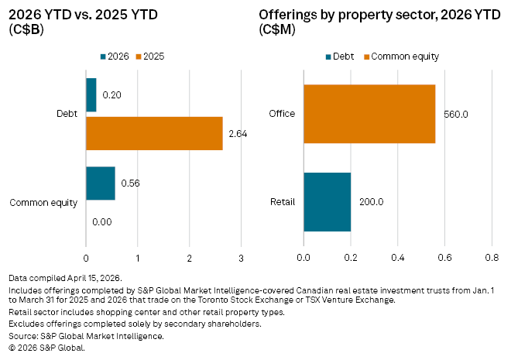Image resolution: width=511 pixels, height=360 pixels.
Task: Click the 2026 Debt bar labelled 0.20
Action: pyautogui.click(x=91, y=94)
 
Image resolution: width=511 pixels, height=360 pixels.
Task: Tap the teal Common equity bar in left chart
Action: pyautogui.click(x=100, y=183)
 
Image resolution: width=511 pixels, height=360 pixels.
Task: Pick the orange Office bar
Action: pyautogui.click(x=369, y=114)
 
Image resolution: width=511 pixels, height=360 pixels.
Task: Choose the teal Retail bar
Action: pyautogui.click(x=327, y=202)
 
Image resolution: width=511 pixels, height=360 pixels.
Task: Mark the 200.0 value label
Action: pyautogui.click(x=372, y=202)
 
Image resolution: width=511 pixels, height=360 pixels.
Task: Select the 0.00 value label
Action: pyautogui.click(x=101, y=221)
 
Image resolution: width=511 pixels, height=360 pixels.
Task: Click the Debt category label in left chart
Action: pyautogui.click(x=67, y=114)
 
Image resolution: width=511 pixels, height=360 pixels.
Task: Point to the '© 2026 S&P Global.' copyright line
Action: pyautogui.click(x=46, y=348)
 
